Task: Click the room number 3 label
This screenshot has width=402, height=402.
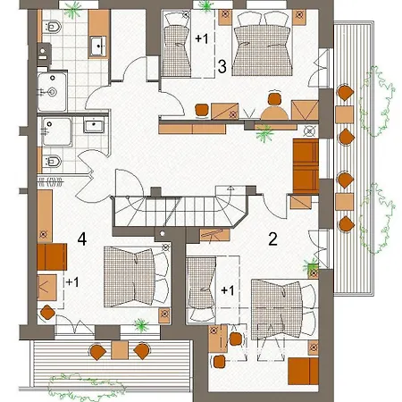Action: click(222, 66)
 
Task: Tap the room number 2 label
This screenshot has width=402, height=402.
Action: click(272, 239)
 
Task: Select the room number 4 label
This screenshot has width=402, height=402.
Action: click(82, 239)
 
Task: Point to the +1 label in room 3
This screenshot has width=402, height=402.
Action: click(202, 38)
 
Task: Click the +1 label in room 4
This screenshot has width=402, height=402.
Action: click(72, 282)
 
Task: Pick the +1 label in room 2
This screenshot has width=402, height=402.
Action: click(228, 290)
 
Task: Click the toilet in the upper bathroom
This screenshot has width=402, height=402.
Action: click(52, 27)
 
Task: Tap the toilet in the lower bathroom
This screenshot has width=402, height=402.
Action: click(52, 162)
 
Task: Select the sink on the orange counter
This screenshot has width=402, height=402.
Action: click(98, 46)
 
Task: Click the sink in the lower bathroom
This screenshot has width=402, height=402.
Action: click(94, 125)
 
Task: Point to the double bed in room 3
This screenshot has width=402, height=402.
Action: click(262, 44)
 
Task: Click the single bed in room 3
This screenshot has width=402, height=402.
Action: click(177, 45)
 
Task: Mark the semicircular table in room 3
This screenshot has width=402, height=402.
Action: click(274, 113)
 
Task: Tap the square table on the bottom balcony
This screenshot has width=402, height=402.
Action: click(120, 350)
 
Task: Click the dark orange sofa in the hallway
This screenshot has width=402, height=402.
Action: click(306, 166)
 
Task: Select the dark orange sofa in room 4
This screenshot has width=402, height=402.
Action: click(52, 256)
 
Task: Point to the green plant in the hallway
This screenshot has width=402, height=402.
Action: click(264, 133)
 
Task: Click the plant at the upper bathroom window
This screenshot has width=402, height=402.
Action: click(73, 10)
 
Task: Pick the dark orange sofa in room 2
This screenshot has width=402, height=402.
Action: click(303, 371)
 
